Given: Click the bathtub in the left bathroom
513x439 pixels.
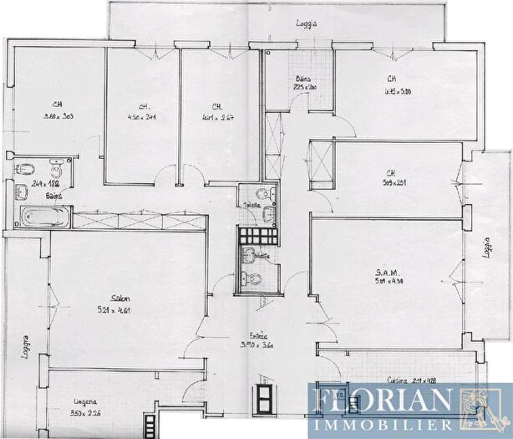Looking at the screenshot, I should (43, 218).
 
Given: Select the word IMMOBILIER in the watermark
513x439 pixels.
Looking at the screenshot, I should (381, 423).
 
